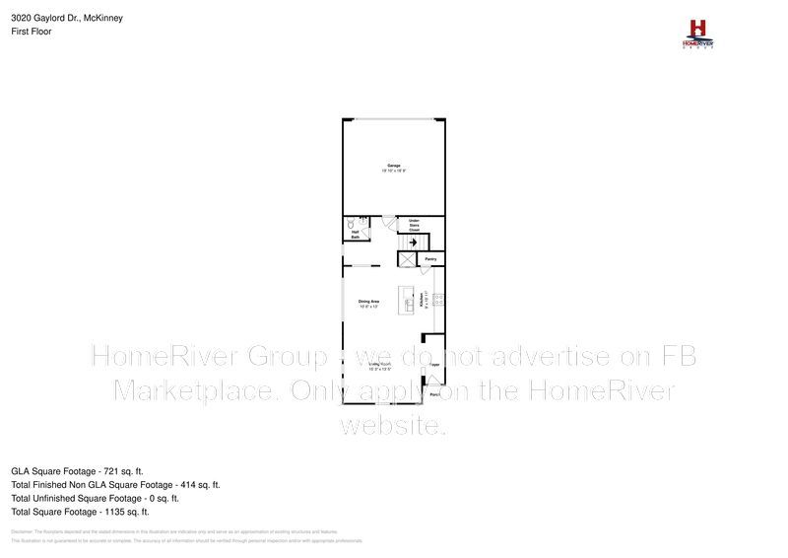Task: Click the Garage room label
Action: (x=394, y=167)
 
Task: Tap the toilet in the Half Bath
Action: (x=352, y=226)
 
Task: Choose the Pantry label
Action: (x=430, y=260)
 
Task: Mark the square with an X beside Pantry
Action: (x=407, y=259)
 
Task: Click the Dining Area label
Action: (x=369, y=303)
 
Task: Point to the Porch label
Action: (x=435, y=394)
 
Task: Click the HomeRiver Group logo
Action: (x=698, y=33)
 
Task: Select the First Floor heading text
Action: (x=31, y=32)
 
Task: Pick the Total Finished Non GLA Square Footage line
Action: (x=115, y=485)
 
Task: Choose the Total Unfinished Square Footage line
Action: (x=95, y=499)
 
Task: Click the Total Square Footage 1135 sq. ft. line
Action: (x=80, y=512)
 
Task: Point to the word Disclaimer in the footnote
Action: (x=23, y=530)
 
